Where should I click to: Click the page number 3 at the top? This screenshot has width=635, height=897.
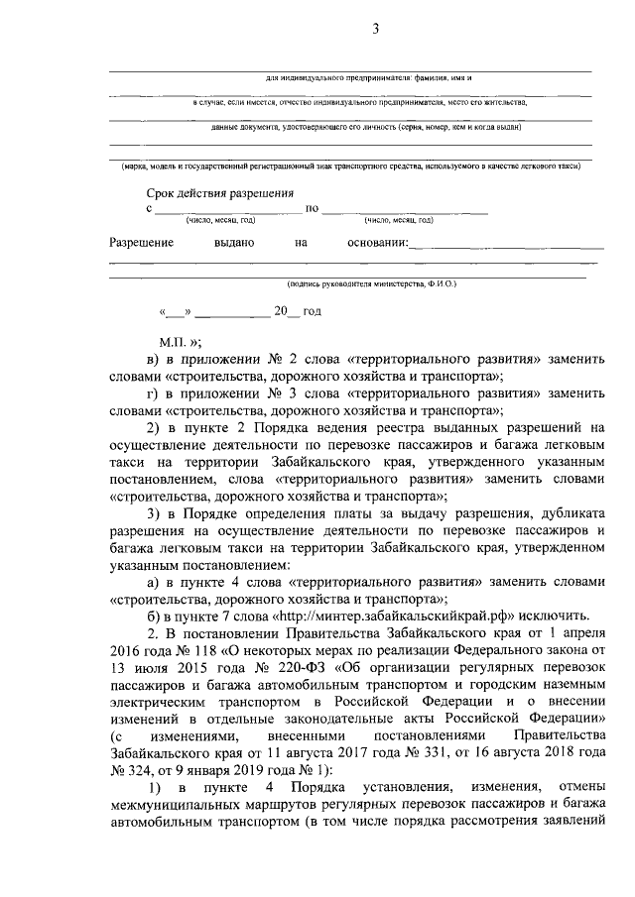[376, 29]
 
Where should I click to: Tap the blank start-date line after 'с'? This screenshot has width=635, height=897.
[228, 211]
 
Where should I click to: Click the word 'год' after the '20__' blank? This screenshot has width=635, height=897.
[312, 311]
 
